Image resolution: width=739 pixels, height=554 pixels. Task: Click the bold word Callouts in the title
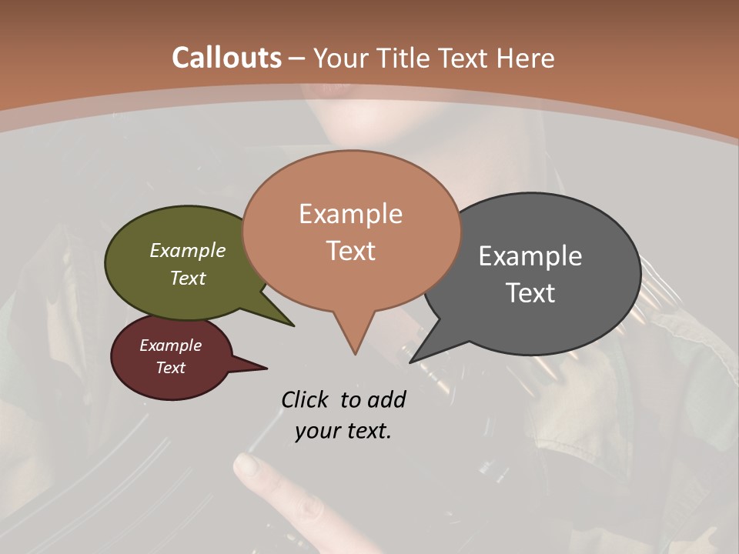[x=226, y=58]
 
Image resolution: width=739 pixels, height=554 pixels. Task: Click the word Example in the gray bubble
[x=530, y=255]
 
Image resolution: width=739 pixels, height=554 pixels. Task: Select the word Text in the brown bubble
[x=350, y=251]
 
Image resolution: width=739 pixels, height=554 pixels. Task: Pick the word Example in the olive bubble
[x=188, y=250]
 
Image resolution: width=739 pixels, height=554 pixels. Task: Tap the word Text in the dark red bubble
[x=171, y=368]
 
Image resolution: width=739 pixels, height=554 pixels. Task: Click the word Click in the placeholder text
[x=306, y=399]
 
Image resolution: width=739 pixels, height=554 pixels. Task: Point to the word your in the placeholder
[x=319, y=431]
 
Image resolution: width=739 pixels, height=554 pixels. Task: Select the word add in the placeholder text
[x=386, y=399]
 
